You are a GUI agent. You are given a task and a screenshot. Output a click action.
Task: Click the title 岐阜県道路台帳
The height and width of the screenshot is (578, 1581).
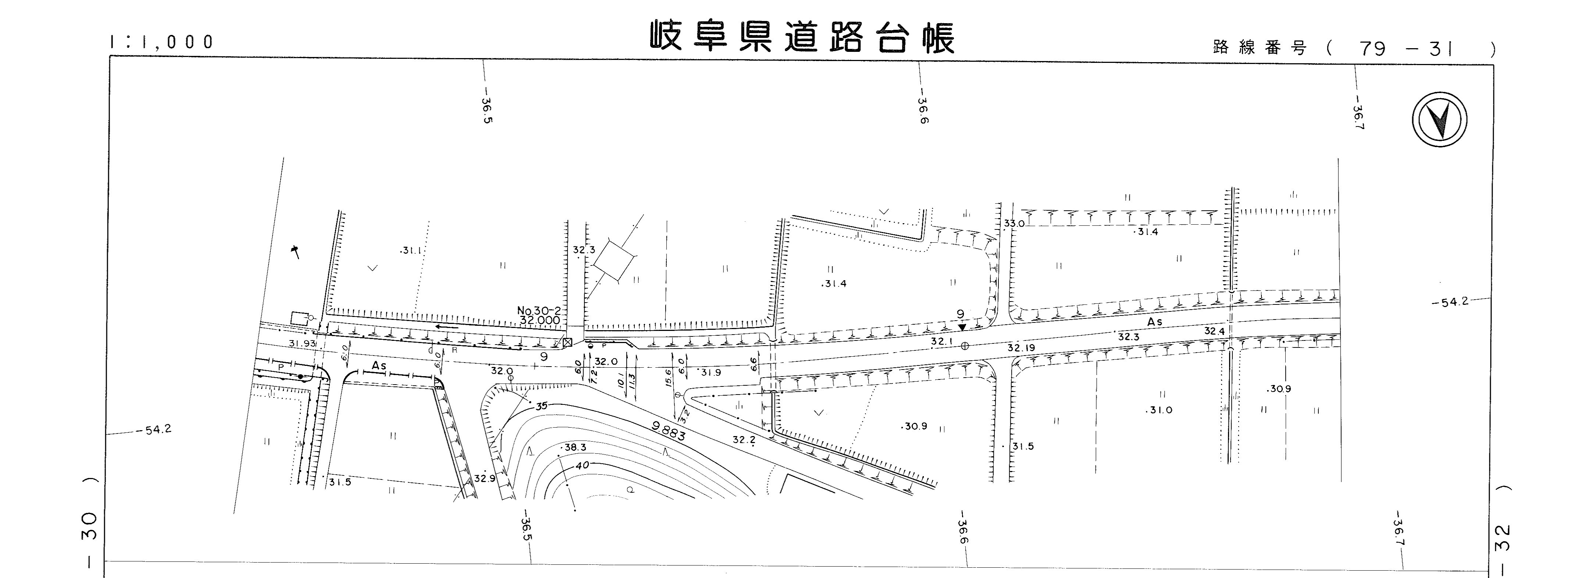[x=802, y=38]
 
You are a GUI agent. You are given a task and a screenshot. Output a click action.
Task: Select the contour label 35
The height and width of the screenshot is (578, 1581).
[x=541, y=406]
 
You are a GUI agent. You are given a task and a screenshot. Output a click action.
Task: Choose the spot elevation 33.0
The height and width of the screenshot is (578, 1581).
[x=1014, y=224]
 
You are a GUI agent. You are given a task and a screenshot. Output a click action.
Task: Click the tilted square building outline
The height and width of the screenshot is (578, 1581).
[x=613, y=260]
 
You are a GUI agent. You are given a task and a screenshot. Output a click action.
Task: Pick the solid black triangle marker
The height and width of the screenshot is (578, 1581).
[x=962, y=327]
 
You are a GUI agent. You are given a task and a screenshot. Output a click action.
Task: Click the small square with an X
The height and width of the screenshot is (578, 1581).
[x=567, y=342]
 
